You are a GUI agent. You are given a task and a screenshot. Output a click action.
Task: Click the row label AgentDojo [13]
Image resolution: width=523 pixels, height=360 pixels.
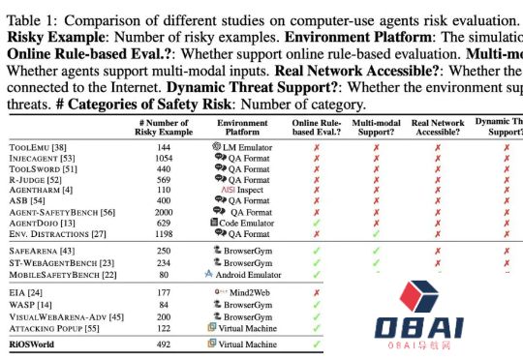(x=40, y=223)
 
